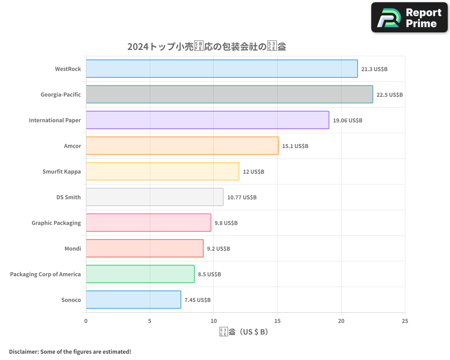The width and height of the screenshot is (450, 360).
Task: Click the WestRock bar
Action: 222,69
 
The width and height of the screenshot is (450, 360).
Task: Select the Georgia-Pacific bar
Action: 229,94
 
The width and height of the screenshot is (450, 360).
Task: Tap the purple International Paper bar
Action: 207,120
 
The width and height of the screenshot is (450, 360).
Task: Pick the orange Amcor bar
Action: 182,146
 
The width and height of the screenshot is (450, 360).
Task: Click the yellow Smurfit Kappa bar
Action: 162,171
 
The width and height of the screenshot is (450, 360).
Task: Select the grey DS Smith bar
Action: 154,197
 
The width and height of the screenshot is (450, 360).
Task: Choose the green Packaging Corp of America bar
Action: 140,274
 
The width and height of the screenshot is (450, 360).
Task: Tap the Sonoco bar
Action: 133,300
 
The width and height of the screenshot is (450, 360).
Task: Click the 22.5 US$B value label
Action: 390,95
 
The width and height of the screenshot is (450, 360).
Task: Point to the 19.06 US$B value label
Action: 347,121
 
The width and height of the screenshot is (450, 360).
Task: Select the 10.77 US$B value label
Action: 242,198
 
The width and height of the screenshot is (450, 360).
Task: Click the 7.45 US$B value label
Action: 198,300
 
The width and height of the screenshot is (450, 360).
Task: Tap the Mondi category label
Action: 73,248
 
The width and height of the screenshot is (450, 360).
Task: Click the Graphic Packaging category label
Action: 56,223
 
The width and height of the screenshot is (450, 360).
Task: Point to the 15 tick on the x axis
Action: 277,321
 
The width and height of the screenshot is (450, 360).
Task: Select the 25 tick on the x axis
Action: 405,321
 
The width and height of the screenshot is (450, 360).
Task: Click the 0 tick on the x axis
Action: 86,321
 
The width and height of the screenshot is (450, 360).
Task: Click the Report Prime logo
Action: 409,18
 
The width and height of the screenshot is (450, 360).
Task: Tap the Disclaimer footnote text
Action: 70,351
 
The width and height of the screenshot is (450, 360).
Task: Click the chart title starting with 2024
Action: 207,46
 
